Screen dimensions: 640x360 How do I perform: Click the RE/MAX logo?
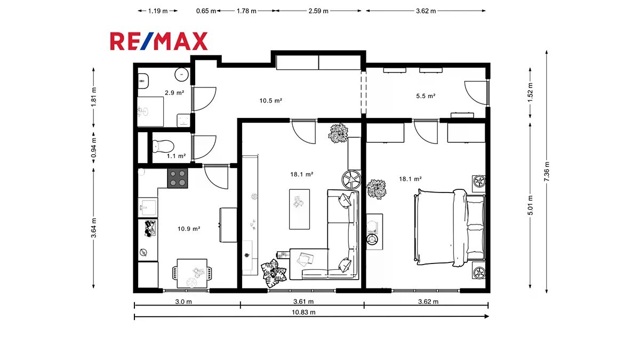click(x=159, y=41)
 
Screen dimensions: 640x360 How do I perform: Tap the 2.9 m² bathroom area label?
click(x=174, y=93)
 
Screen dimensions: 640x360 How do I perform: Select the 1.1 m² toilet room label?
click(x=177, y=156)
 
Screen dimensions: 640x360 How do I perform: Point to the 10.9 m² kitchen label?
click(x=189, y=229)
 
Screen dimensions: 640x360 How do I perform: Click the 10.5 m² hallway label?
click(x=270, y=101)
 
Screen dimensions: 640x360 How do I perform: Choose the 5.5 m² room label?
click(x=426, y=96)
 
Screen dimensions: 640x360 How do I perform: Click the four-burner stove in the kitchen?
click(x=178, y=178)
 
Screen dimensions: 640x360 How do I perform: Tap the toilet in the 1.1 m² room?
click(x=163, y=146)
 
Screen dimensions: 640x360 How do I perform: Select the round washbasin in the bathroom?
click(x=182, y=74)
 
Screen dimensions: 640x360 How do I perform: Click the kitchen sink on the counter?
click(x=148, y=207)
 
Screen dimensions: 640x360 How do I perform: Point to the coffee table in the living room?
click(x=299, y=209)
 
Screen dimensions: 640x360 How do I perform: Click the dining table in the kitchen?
click(x=192, y=274)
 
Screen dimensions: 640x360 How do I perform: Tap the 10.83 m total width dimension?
click(x=303, y=313)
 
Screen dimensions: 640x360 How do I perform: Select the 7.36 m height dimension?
click(x=547, y=171)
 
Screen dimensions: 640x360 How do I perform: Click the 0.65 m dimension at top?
click(x=206, y=11)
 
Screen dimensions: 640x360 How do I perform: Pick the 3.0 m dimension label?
click(x=183, y=302)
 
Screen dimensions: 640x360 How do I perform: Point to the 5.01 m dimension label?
click(x=530, y=205)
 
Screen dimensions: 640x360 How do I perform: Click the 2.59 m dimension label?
click(x=318, y=11)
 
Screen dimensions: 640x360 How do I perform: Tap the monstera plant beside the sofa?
click(x=274, y=273)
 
